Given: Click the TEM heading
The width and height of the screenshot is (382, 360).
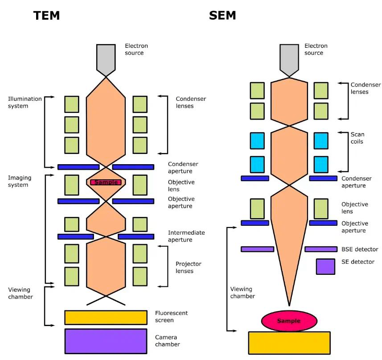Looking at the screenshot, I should click(x=46, y=16).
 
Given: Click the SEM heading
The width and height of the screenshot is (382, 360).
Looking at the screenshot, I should click(x=222, y=16).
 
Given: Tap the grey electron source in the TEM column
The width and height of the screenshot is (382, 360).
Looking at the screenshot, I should click(x=106, y=58).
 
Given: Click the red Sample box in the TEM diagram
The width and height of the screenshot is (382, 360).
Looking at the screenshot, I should click(x=106, y=182).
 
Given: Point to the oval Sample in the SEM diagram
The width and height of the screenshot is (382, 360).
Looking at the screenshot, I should click(x=289, y=321).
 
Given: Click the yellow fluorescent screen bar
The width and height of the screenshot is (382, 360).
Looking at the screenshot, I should click(x=106, y=317).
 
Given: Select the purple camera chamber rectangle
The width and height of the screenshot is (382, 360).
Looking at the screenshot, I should click(x=106, y=341).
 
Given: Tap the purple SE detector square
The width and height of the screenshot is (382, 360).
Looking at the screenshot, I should click(x=325, y=266).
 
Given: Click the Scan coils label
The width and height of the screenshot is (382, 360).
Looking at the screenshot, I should click(x=357, y=138).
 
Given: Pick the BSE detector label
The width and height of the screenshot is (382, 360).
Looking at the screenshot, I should click(x=360, y=249).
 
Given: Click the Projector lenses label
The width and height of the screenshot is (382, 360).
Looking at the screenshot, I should click(x=188, y=267).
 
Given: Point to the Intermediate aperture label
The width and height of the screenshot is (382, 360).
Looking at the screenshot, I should click(x=186, y=236).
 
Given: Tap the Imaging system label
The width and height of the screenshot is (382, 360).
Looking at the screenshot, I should click(x=20, y=181).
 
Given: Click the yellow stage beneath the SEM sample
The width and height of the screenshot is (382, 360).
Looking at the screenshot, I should click(x=289, y=343).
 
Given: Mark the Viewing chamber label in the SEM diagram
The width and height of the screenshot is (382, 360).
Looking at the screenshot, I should click(x=243, y=292).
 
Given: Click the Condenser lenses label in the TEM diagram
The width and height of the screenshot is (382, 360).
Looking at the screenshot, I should click(x=191, y=102).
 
